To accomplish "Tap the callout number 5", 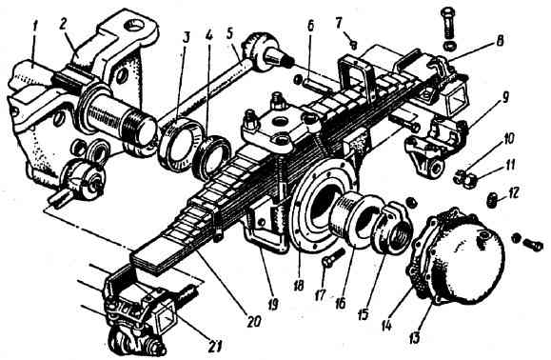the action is tap(229, 33).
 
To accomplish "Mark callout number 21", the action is tap(215, 347).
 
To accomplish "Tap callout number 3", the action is tap(187, 37).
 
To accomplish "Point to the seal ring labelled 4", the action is tap(211, 156).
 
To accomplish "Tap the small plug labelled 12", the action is tap(492, 200).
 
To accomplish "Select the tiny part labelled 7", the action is tap(353, 44).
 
